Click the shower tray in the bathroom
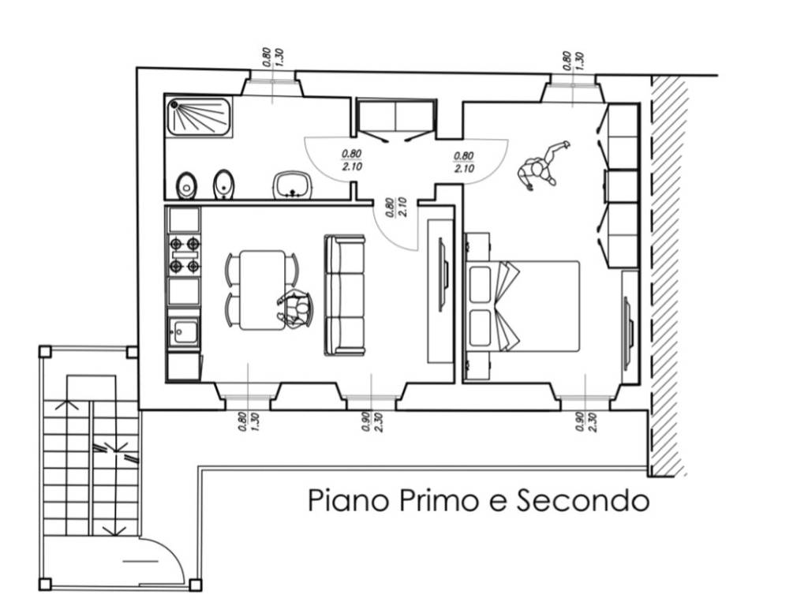199,117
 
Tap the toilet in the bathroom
186,186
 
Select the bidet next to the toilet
224,185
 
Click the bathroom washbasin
293,185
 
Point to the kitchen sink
183,332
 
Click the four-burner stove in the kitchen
183,255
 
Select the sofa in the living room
345,294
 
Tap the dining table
262,290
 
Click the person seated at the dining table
296,309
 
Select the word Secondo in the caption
583,500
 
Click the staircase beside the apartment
91,466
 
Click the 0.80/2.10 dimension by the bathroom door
351,161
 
